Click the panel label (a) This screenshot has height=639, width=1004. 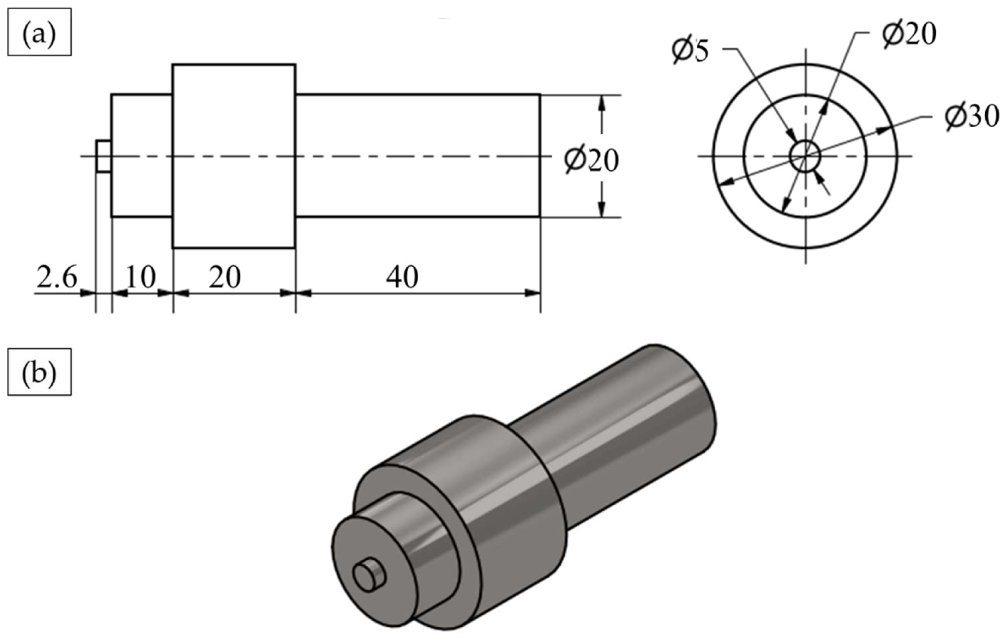coord(39,32)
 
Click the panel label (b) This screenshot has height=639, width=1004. coord(39,372)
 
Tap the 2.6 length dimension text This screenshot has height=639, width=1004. coord(57,277)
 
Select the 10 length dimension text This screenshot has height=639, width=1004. coord(140,277)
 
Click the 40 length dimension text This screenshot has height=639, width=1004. coord(402,277)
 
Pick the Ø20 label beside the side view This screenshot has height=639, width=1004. coord(591,160)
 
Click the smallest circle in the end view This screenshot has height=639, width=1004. coord(805,156)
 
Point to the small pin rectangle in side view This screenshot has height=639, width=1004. coord(103,156)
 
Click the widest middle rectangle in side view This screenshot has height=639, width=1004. coord(234,156)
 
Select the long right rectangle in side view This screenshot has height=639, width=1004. coord(417,156)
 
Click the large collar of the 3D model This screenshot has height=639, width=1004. coord(513,521)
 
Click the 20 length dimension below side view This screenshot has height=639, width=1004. coord(225,277)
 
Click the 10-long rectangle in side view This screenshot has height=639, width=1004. coord(142,156)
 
